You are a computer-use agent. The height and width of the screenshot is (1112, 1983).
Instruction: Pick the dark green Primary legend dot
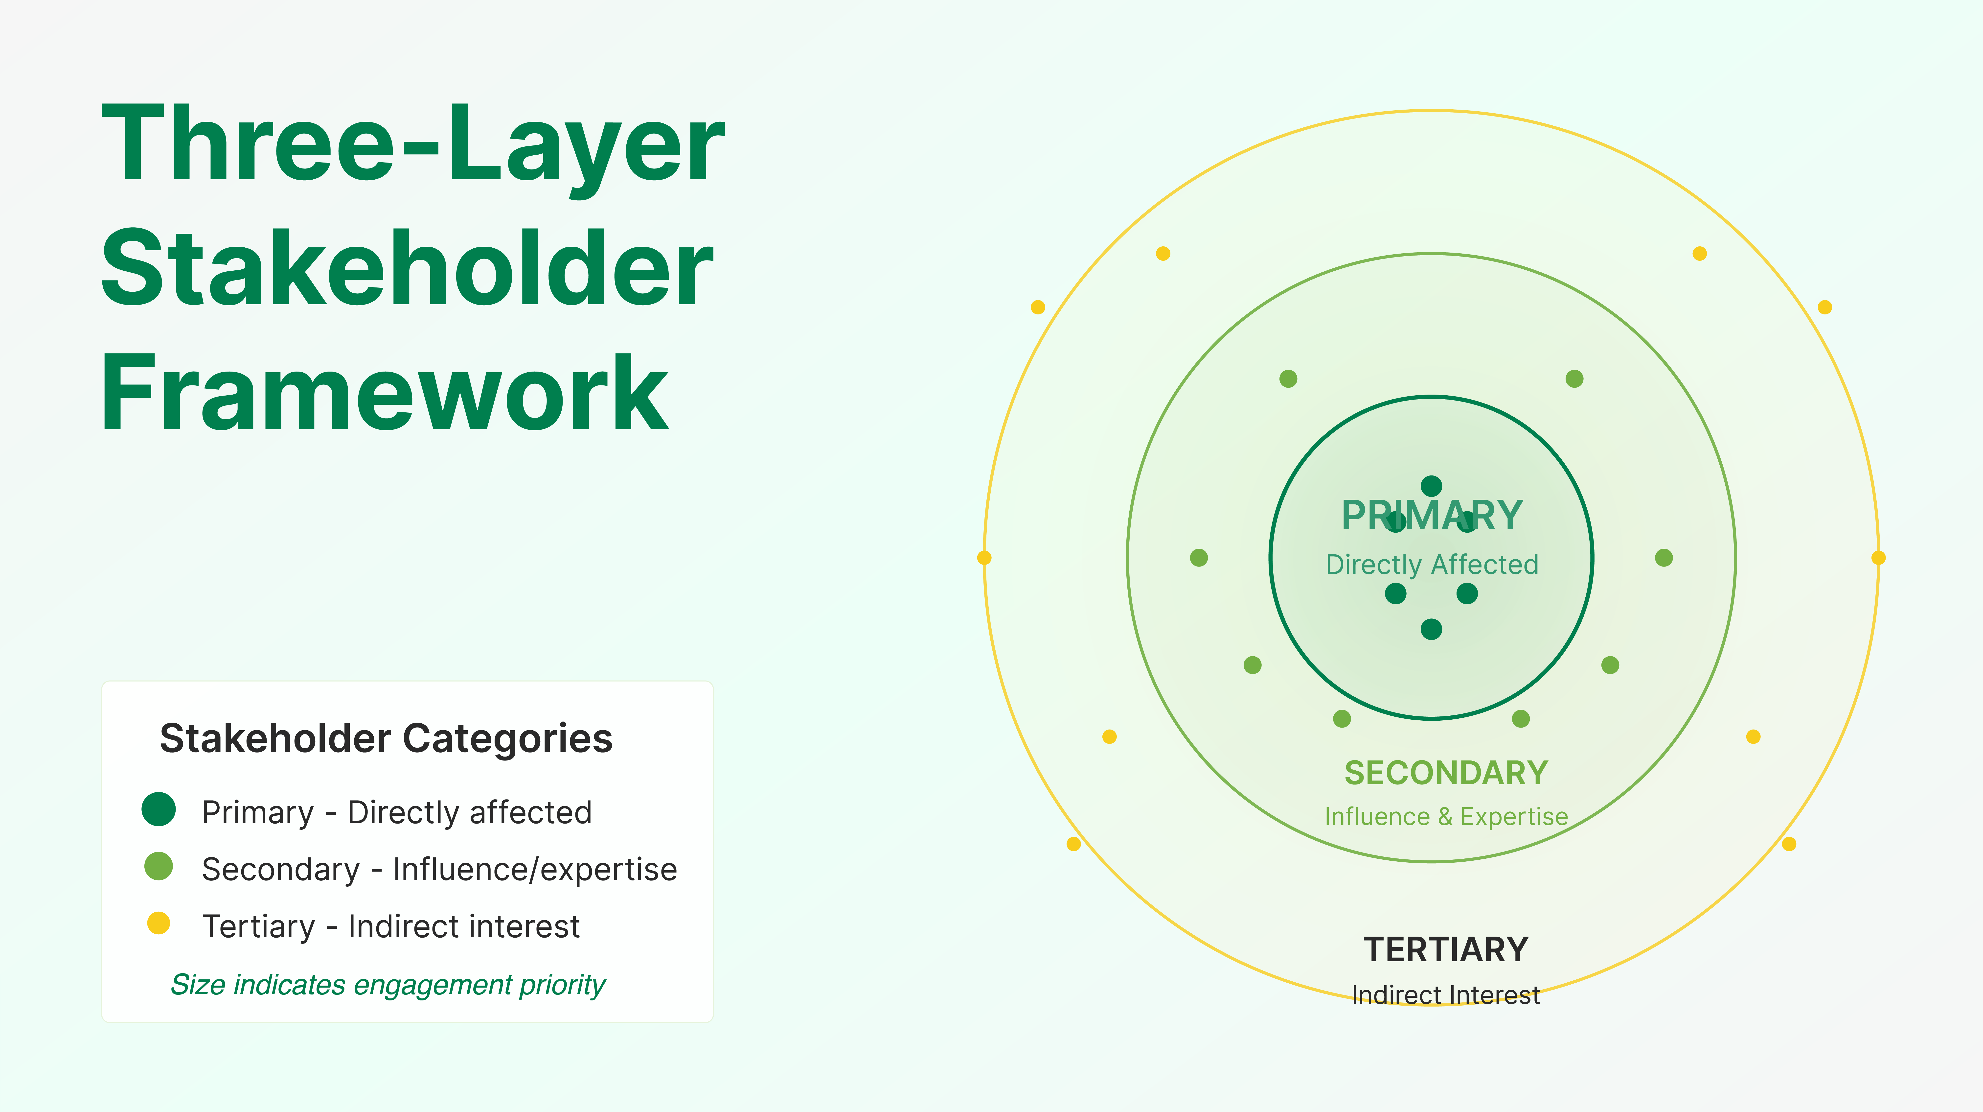[159, 809]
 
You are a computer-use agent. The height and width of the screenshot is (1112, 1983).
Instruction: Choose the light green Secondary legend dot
[159, 866]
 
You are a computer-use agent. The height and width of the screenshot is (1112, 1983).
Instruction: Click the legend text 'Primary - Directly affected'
[396, 812]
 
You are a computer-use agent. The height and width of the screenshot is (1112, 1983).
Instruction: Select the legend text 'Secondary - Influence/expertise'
[439, 869]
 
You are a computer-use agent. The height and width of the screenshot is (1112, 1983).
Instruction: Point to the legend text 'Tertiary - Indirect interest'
[390, 926]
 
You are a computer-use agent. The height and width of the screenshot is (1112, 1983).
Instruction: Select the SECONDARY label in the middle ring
[1446, 772]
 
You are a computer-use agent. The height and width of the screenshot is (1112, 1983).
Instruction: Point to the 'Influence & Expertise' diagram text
[1446, 816]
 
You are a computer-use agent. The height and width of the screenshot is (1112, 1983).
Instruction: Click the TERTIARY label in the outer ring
[1446, 949]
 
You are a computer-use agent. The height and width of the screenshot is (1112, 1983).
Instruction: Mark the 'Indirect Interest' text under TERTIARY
[1446, 995]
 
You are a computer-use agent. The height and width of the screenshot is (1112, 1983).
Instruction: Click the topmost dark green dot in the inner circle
[1431, 486]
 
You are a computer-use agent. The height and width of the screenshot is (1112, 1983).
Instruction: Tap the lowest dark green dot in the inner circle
[1431, 629]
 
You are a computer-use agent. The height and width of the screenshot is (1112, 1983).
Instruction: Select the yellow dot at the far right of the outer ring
[1878, 558]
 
